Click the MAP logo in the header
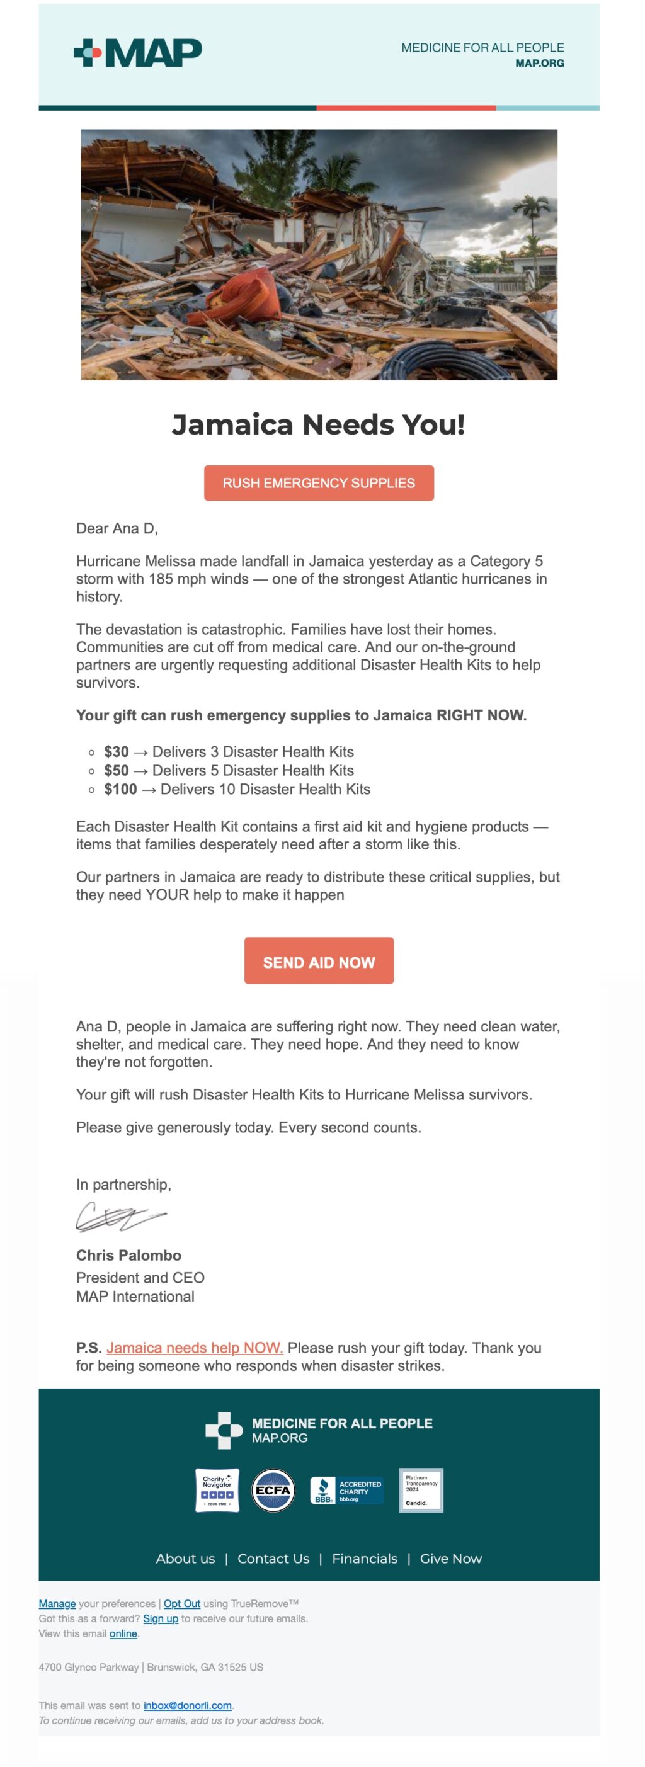[137, 53]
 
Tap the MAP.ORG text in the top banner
[539, 63]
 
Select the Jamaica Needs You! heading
[318, 424]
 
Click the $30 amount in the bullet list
[116, 752]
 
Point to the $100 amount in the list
[120, 790]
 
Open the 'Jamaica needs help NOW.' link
[194, 1348]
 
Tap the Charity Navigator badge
[217, 1490]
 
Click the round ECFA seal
[273, 1490]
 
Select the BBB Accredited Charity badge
[346, 1491]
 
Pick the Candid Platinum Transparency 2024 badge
[421, 1490]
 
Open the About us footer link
[185, 1559]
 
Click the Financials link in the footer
[364, 1559]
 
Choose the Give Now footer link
[451, 1559]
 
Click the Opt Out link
[182, 1604]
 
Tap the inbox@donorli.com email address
[187, 1705]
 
